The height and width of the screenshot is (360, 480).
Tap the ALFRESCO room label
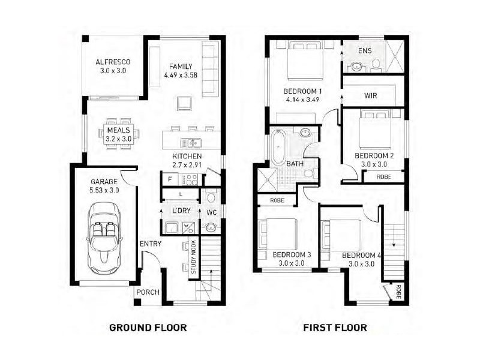click(x=113, y=66)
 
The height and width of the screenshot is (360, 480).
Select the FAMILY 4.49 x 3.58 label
click(x=181, y=71)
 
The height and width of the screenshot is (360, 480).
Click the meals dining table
click(x=118, y=134)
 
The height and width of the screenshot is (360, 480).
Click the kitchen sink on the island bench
click(x=192, y=143)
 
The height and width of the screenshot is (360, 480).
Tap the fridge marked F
click(x=170, y=179)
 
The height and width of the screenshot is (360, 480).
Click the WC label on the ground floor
click(x=211, y=212)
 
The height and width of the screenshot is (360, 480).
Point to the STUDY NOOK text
click(x=193, y=257)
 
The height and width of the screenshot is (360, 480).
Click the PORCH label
click(x=147, y=293)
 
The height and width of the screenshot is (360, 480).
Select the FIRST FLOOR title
click(x=335, y=328)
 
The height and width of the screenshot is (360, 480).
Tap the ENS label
click(x=365, y=50)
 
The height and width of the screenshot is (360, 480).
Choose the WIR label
click(x=370, y=95)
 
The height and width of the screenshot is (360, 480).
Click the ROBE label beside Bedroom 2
click(x=383, y=176)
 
